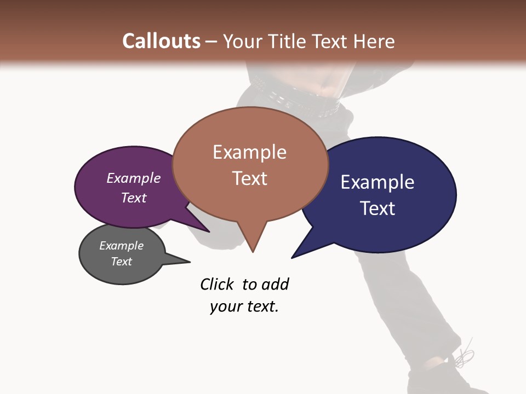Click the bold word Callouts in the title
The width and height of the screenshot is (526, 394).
[161, 41]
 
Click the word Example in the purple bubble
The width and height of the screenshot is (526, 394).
[134, 178]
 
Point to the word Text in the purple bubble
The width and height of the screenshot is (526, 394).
[134, 198]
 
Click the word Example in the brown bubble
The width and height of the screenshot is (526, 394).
[249, 152]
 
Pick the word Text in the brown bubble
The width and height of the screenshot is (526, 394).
[250, 178]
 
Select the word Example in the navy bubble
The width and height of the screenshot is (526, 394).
[378, 182]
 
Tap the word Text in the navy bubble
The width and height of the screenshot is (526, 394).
[378, 208]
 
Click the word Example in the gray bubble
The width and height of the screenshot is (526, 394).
[121, 246]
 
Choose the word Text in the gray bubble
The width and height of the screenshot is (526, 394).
[121, 262]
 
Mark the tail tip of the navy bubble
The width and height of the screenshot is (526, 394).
[293, 257]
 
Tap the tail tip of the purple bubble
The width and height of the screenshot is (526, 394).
[208, 231]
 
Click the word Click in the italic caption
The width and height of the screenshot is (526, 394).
[218, 284]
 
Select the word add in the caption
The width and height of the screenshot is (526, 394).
[275, 284]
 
